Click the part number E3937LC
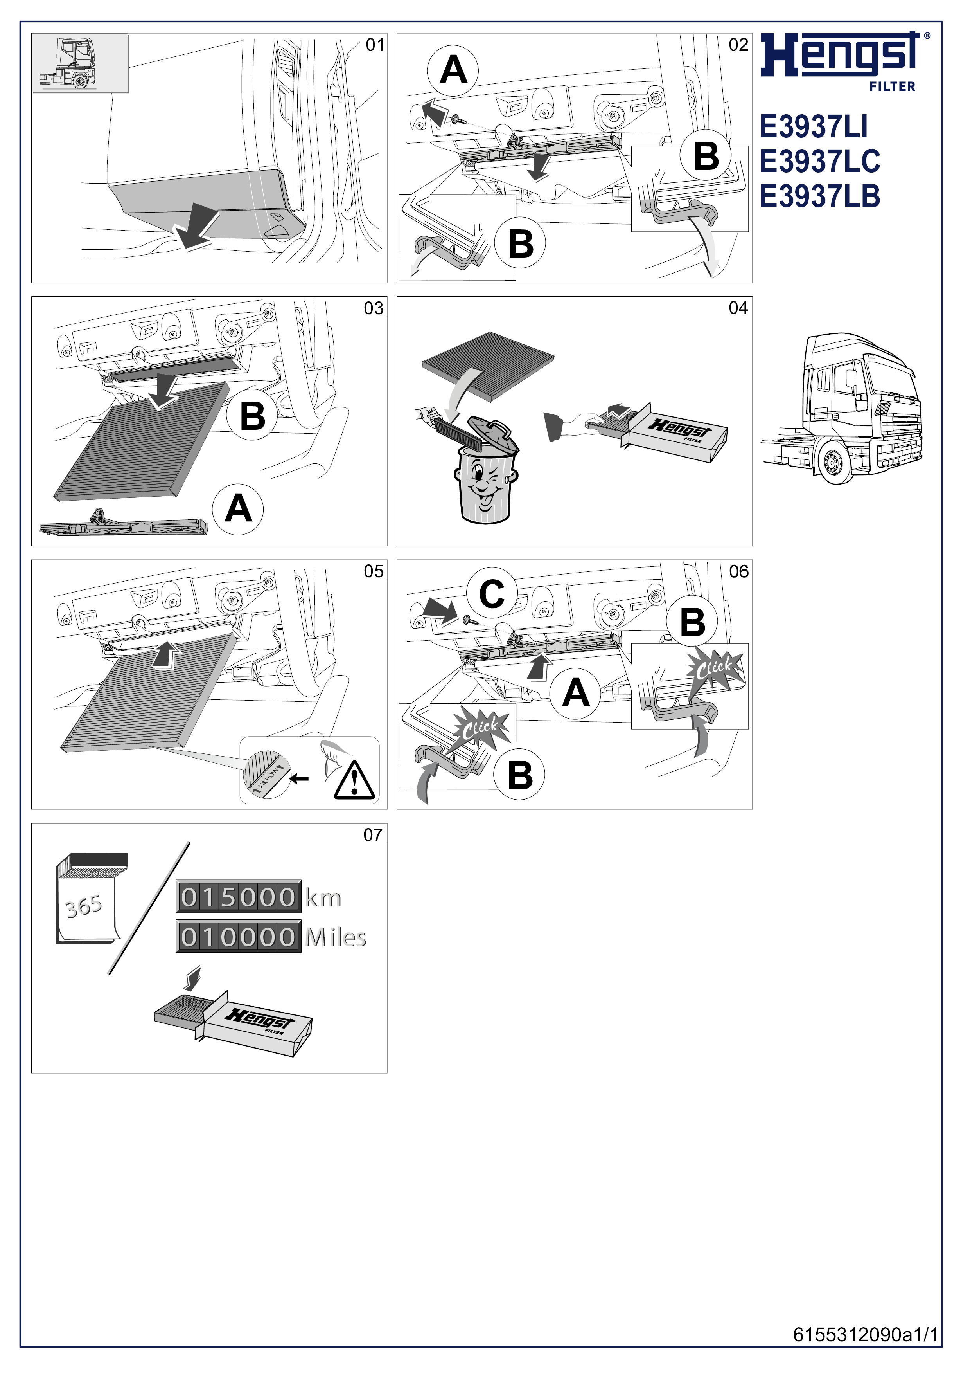[x=819, y=162]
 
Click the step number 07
[x=373, y=835]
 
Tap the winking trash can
[x=485, y=472]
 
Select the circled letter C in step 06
[x=492, y=594]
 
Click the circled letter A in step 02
[x=453, y=70]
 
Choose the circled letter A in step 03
[x=238, y=510]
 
